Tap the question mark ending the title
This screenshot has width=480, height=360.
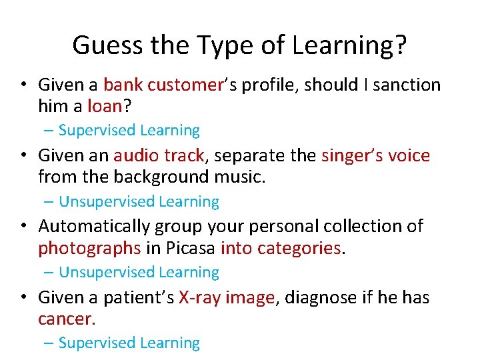tap(400, 46)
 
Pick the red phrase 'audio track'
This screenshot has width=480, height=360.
tap(159, 156)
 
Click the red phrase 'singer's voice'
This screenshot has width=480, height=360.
tap(375, 156)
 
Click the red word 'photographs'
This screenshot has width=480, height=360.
tap(89, 248)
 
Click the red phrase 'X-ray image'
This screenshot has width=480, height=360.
tap(227, 297)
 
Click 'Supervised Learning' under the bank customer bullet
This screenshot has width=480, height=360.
tap(129, 131)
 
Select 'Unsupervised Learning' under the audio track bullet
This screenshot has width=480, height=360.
tap(139, 201)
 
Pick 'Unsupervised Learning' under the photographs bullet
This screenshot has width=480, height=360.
tap(139, 272)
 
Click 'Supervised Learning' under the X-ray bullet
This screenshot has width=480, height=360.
tap(129, 343)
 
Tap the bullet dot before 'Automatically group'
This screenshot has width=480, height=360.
tap(23, 227)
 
